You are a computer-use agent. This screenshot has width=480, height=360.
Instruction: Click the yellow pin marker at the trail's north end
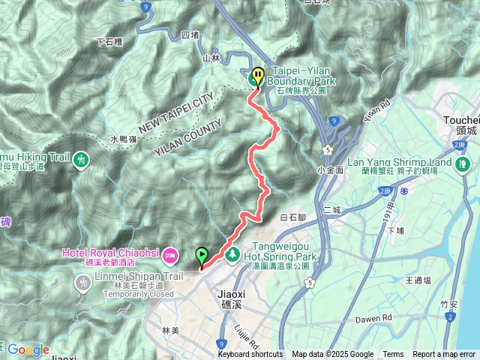pos(258,76)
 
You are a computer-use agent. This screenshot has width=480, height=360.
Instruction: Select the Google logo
pos(28,349)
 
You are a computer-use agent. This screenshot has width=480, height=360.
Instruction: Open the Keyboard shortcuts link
pos(250,355)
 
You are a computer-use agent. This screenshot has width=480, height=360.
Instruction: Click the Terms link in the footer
pos(393,355)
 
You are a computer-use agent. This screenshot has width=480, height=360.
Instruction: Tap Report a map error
pos(444,355)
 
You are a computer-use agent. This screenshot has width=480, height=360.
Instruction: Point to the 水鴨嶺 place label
pos(124,139)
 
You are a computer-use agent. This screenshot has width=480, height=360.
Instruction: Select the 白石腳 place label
pos(293,217)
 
